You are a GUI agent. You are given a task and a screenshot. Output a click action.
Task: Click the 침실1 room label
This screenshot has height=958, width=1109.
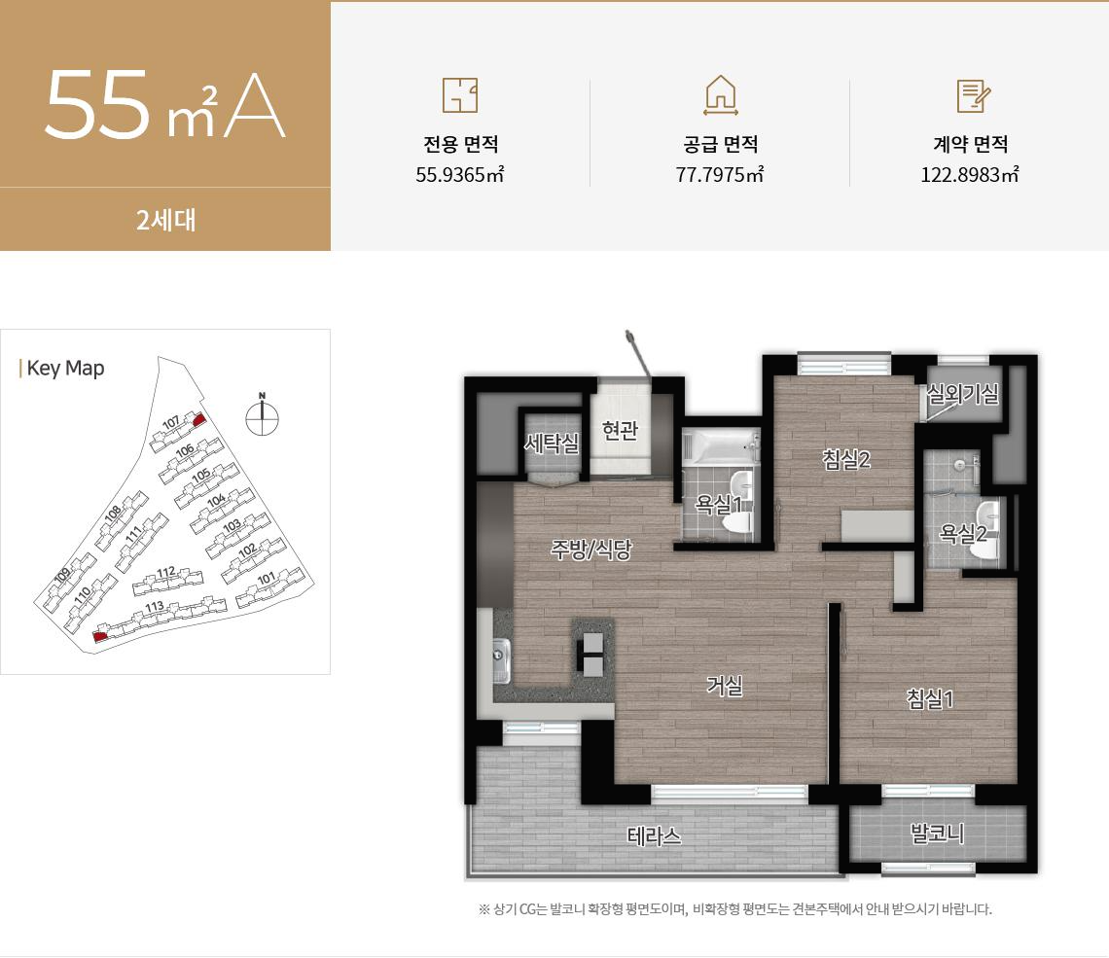[x=930, y=697]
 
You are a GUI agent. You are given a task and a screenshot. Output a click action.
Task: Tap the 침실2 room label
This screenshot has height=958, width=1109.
[x=845, y=460]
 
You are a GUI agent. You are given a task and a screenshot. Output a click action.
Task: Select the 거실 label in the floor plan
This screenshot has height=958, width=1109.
[x=725, y=686]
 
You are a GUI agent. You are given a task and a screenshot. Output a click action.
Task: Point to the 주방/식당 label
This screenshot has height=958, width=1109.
[x=591, y=550]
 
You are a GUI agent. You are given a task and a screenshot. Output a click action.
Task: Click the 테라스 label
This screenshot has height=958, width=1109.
[x=654, y=835]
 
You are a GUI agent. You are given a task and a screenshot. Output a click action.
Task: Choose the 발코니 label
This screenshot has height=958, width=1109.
[x=937, y=834]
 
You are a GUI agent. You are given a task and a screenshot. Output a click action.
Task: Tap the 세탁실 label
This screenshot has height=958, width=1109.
[x=552, y=444]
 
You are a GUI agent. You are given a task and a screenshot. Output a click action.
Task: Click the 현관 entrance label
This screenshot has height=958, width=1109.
[x=620, y=430]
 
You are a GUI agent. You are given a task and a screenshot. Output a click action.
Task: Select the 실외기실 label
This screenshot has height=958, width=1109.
[x=963, y=394]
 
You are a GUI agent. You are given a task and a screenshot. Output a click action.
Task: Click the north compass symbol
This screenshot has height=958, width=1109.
[x=262, y=416]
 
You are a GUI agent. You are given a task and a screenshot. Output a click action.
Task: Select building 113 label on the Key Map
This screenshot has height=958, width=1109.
[x=154, y=608]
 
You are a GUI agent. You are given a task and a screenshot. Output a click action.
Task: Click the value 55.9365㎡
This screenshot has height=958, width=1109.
[x=459, y=175]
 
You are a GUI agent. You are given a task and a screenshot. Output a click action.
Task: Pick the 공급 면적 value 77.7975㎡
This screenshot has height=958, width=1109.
[x=720, y=175]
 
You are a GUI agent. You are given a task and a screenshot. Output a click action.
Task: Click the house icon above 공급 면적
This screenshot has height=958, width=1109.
[x=720, y=95]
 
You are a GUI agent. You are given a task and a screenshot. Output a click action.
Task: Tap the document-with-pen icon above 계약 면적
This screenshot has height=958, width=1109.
[x=973, y=95]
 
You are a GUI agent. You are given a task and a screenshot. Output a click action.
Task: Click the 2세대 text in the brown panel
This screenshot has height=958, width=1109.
[x=166, y=220]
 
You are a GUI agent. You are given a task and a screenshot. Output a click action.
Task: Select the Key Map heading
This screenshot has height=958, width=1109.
[x=65, y=369]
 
